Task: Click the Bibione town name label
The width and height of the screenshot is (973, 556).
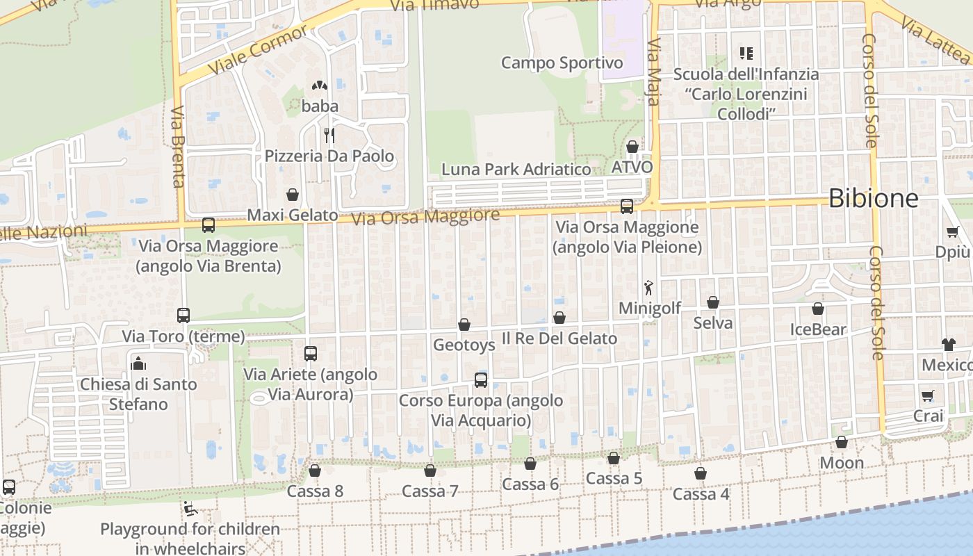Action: click(873, 199)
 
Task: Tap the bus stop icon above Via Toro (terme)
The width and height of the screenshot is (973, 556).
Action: click(183, 316)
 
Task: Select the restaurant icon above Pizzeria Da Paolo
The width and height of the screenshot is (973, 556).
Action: click(329, 135)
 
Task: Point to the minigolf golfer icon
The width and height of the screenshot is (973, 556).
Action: click(649, 287)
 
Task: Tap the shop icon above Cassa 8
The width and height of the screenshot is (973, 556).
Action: click(315, 471)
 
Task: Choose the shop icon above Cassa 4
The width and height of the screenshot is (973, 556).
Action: click(701, 473)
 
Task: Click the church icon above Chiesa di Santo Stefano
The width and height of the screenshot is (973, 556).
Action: click(138, 363)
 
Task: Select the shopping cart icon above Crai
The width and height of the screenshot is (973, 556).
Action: click(928, 396)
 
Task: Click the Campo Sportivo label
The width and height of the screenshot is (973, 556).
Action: click(562, 63)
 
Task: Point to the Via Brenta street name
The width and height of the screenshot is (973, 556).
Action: click(177, 146)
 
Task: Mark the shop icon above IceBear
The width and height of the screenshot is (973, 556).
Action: click(818, 309)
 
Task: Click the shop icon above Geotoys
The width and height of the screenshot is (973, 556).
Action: click(464, 325)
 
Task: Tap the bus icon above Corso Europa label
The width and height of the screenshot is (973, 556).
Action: click(481, 380)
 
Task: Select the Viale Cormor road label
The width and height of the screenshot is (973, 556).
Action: click(257, 51)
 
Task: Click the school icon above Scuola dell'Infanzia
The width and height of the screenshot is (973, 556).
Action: click(747, 53)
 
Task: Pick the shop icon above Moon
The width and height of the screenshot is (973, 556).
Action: click(842, 442)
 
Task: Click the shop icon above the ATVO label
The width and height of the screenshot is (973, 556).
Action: click(632, 147)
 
